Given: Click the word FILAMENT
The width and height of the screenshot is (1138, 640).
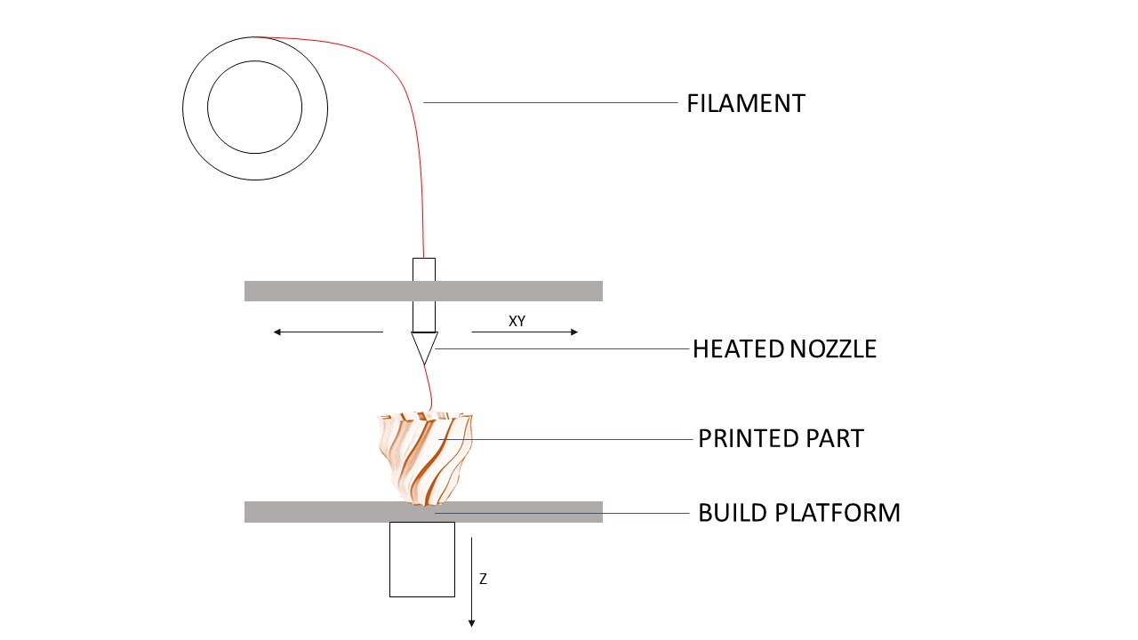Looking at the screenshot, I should (745, 104).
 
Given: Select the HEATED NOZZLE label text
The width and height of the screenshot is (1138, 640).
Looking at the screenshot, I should (784, 349).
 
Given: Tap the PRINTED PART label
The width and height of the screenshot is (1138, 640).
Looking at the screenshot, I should (781, 439).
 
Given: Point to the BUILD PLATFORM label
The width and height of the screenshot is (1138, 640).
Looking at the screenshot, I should (798, 513).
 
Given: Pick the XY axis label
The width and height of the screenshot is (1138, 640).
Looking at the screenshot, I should (517, 322).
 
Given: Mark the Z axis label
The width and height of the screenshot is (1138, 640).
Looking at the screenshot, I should (483, 580).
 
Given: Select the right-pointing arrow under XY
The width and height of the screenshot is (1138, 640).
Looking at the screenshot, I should (525, 332).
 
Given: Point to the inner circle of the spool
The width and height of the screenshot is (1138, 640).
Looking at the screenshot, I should (255, 108).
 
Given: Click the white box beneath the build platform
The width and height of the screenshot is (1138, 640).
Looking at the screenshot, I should (422, 559).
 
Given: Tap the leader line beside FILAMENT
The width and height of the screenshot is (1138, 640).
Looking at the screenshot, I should (551, 103).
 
